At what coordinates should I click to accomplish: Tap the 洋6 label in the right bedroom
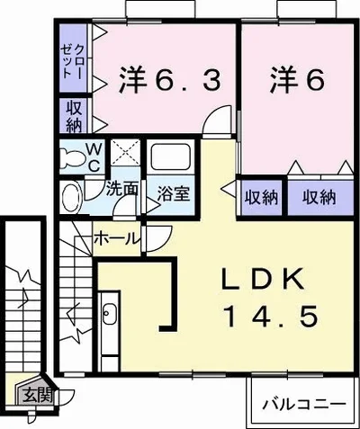coord(296,82)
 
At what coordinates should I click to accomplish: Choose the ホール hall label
coord(117,239)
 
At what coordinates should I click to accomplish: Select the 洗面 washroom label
coord(121,190)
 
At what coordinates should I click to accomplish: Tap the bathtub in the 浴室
coord(172,160)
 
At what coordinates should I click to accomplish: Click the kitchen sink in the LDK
coord(110,314)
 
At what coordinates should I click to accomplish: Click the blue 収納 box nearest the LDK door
coord(261,197)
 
